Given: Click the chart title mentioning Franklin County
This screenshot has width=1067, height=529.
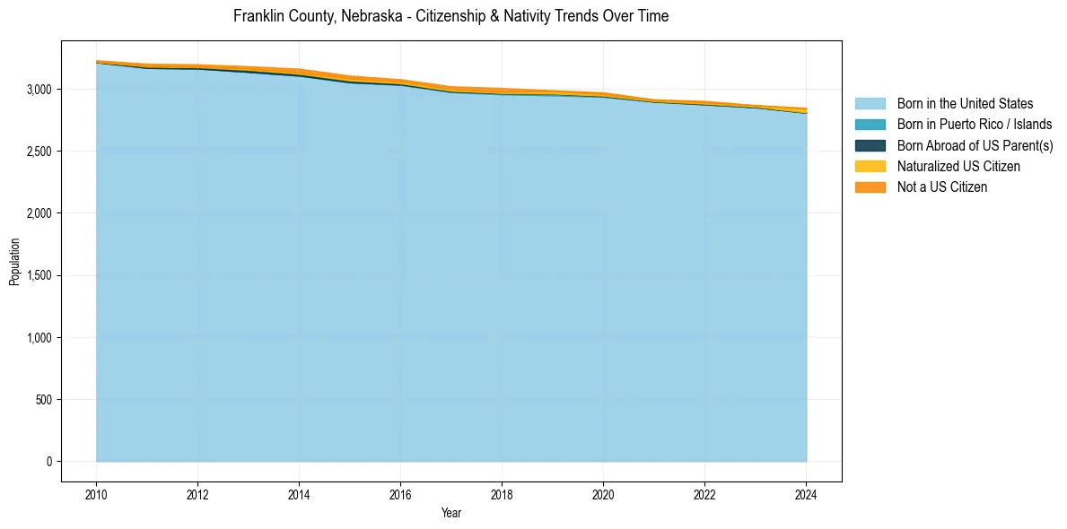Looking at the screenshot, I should [x=450, y=16].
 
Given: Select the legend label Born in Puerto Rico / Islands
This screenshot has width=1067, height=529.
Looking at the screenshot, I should [x=975, y=125].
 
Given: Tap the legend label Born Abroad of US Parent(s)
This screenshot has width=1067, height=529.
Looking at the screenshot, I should [x=975, y=145].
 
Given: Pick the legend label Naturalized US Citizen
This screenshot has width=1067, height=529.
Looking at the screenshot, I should [x=958, y=166].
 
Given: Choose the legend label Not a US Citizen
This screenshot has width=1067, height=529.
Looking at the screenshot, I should [x=942, y=186].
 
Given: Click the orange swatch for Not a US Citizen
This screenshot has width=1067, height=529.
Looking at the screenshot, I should [x=870, y=186].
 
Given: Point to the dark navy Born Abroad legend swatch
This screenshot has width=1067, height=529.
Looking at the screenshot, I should [x=870, y=145].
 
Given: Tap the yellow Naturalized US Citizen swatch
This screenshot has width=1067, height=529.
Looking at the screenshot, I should [x=870, y=166].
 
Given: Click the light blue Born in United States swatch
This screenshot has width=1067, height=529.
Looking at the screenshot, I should [x=870, y=104].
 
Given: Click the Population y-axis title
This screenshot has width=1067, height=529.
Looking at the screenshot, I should [x=14, y=262].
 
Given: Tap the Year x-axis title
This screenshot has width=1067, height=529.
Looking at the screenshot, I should [x=451, y=513].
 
